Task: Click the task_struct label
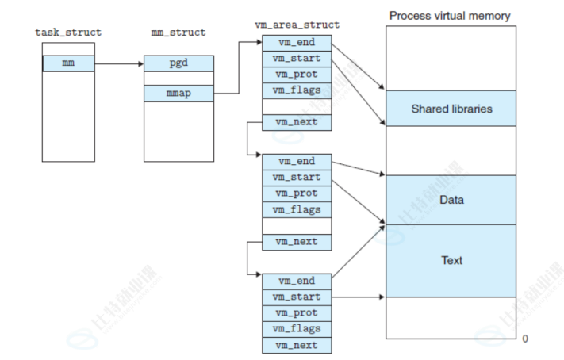point(68,33)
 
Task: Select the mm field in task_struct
point(68,63)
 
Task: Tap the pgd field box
point(178,63)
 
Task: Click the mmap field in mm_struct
point(178,94)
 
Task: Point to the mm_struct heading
point(178,33)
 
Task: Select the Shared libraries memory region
point(451,109)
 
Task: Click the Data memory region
point(451,200)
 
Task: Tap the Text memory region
point(451,260)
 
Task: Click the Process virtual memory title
point(450,16)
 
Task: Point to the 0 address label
point(524,339)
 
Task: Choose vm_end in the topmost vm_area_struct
point(297,42)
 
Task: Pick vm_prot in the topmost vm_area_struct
point(297,74)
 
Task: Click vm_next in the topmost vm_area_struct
point(297,122)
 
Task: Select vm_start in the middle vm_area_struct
point(297,178)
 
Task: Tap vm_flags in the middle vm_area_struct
point(297,209)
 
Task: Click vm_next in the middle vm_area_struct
point(297,242)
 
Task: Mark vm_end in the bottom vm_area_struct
point(297,281)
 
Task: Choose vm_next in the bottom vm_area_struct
point(297,345)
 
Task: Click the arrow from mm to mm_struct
point(119,63)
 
